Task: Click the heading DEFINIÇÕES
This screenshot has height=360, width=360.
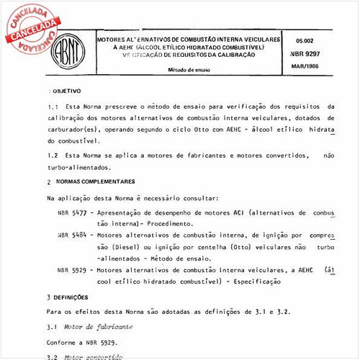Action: tap(70, 296)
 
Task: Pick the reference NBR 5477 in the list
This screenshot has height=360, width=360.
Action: tap(72, 214)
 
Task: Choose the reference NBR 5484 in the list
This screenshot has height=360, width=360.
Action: tap(72, 235)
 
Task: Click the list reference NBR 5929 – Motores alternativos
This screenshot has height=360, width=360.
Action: tap(72, 268)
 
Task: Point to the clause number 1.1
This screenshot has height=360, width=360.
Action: tap(52, 107)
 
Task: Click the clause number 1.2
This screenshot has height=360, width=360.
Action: tap(52, 154)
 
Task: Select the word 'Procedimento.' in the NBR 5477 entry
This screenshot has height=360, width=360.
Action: tap(168, 224)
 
